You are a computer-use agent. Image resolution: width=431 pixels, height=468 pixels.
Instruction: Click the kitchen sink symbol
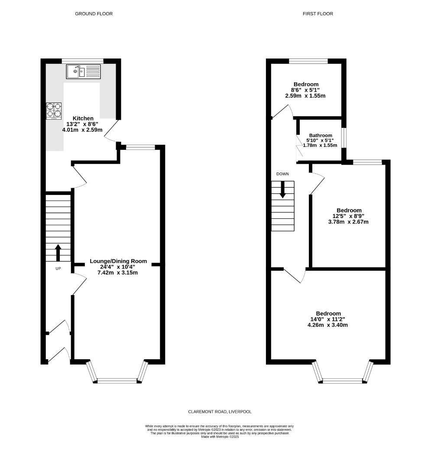click(83, 71)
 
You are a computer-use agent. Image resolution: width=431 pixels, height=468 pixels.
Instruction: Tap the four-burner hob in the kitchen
click(54, 110)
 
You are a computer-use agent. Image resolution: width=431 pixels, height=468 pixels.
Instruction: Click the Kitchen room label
click(83, 118)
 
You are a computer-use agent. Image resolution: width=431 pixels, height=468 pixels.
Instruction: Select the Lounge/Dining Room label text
click(118, 261)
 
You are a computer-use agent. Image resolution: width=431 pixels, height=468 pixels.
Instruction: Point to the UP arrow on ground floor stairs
click(58, 252)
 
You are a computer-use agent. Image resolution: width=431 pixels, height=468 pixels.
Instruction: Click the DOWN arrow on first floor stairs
click(282, 190)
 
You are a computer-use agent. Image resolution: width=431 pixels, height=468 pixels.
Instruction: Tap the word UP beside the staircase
click(58, 269)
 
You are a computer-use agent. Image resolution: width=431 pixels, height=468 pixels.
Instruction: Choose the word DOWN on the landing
click(282, 174)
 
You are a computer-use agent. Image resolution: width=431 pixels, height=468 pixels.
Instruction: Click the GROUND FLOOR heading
click(94, 14)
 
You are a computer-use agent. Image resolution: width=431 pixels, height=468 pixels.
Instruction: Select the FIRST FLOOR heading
click(318, 14)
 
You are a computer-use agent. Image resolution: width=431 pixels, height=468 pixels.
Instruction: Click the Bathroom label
click(320, 135)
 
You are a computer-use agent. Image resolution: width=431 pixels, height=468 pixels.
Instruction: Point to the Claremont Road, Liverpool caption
click(220, 412)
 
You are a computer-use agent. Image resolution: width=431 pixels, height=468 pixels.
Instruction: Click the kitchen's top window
click(82, 61)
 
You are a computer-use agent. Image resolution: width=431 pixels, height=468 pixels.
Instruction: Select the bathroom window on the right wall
click(344, 138)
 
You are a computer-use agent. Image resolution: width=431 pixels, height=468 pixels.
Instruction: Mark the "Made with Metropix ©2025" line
click(220, 437)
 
